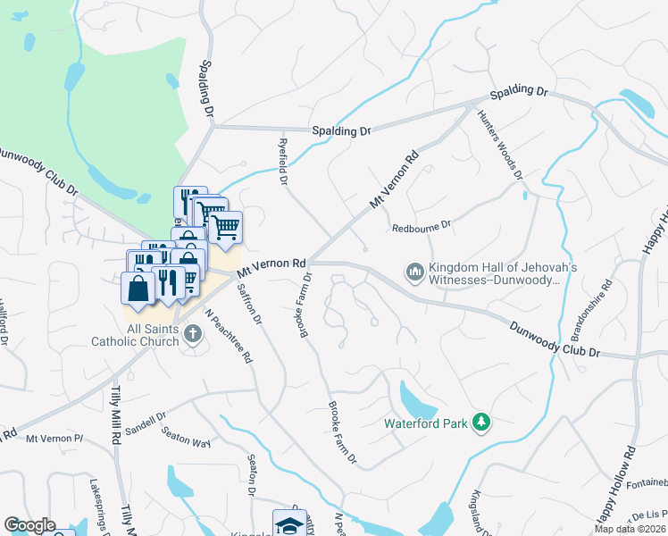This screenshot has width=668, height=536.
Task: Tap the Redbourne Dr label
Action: pyautogui.click(x=423, y=228)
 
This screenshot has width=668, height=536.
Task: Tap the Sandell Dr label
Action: pyautogui.click(x=150, y=421)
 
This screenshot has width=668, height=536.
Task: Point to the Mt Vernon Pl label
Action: pyautogui.click(x=54, y=438)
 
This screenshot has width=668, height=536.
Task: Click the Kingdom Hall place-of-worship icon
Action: pyautogui.click(x=414, y=271)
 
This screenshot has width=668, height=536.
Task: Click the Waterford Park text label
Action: pyautogui.click(x=426, y=423)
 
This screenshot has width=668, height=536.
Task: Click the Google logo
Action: pyautogui.click(x=29, y=525)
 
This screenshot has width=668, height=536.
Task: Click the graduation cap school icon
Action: pyautogui.click(x=288, y=524)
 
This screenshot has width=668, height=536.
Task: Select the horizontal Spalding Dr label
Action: pyautogui.click(x=340, y=130)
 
